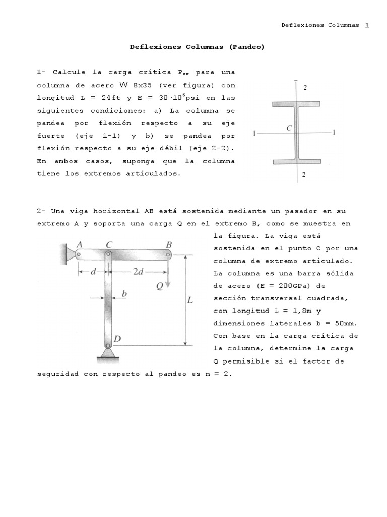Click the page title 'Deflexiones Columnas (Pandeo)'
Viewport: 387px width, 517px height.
(x=197, y=47)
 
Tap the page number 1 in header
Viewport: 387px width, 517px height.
(x=367, y=25)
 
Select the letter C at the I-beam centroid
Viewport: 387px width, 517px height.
(x=289, y=128)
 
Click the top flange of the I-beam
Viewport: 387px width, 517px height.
(x=296, y=104)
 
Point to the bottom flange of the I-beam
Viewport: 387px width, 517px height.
(x=296, y=162)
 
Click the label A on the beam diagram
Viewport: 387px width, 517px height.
(x=79, y=244)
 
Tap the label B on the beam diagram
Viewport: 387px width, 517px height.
(x=169, y=244)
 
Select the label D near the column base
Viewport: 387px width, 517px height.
(x=117, y=338)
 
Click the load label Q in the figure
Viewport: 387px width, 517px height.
(x=159, y=286)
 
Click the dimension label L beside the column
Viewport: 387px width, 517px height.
(x=190, y=300)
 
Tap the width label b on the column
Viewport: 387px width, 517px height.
(x=124, y=293)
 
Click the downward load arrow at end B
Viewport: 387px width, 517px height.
(x=168, y=275)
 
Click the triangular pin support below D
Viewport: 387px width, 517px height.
(x=108, y=354)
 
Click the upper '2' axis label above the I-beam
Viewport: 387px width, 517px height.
(x=305, y=87)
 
